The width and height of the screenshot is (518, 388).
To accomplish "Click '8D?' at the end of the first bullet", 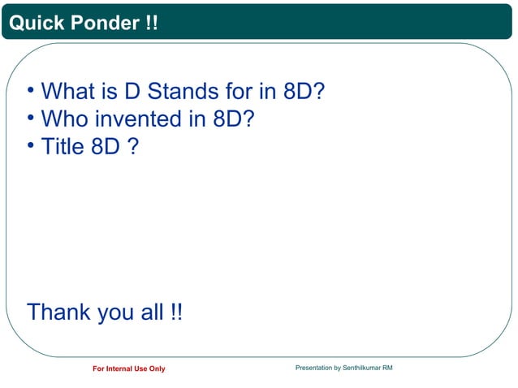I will pos(304,91).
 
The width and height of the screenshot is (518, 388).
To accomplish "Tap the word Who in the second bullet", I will pos(65,119).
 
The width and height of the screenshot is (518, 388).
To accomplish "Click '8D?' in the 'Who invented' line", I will pos(234,119).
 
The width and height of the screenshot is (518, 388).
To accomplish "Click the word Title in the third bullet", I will pos(62,148).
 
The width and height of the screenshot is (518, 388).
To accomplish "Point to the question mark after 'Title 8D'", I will pos(132,148).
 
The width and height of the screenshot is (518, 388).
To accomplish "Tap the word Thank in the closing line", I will pos(59,312).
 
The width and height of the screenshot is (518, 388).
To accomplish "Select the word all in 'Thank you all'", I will pos(152,312).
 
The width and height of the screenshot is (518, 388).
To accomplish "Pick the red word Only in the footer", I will pos(157,369).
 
